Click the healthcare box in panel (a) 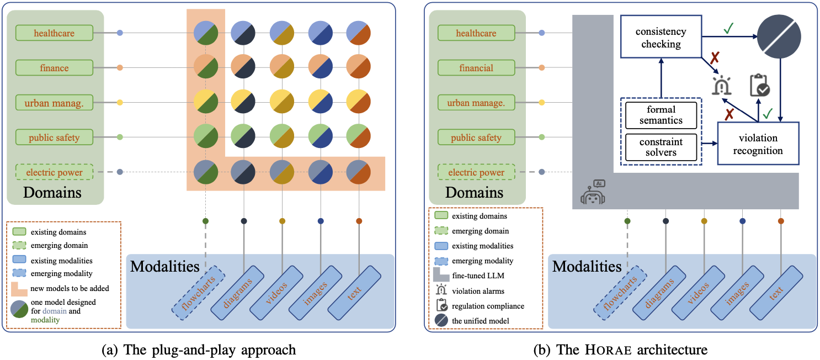pyautogui.click(x=54, y=33)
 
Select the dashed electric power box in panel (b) pyautogui.click(x=476, y=172)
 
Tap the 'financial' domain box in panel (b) pyautogui.click(x=476, y=68)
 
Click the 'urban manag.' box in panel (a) pyautogui.click(x=54, y=103)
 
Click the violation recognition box pyautogui.click(x=757, y=143)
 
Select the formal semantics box pyautogui.click(x=661, y=115)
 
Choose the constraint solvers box pyautogui.click(x=661, y=147)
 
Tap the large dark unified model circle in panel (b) pyautogui.click(x=779, y=36)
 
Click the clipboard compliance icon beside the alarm pyautogui.click(x=759, y=86)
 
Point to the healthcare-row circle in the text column pyautogui.click(x=359, y=33)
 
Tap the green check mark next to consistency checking pyautogui.click(x=728, y=28)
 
